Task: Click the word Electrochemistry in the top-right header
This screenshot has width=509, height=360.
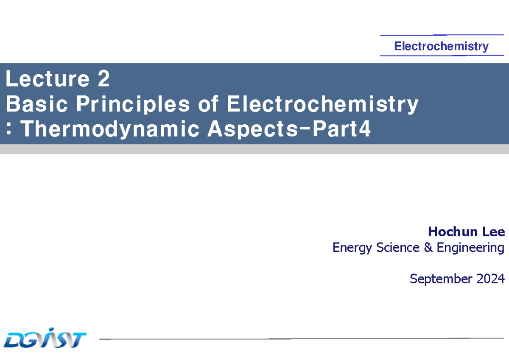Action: (441, 46)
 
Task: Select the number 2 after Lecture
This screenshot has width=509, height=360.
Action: (103, 79)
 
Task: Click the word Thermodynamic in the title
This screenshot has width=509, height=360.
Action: (110, 129)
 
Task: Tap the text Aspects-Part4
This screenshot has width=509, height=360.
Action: (289, 129)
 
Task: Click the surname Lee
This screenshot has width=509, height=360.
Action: (493, 232)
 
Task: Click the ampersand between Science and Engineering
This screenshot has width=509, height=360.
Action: (428, 247)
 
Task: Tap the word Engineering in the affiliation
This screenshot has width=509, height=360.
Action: (470, 248)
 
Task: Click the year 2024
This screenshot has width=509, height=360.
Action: (490, 279)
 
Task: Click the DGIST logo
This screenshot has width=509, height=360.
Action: (45, 338)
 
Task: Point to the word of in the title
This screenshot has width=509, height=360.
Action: (207, 104)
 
